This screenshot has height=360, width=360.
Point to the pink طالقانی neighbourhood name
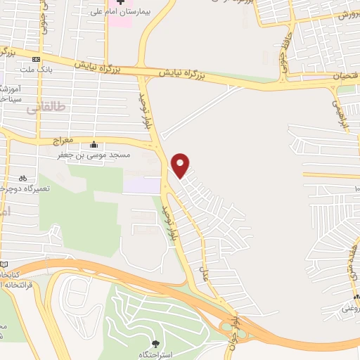click(x=46, y=108)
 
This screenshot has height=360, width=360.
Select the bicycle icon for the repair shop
click(x=23, y=178)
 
